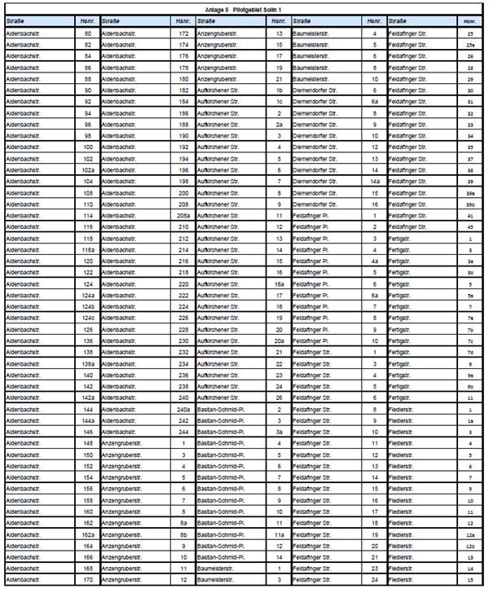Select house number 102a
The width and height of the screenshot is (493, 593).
[x=88, y=169]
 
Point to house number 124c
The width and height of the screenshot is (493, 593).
[x=88, y=317]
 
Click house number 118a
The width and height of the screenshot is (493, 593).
[x=88, y=249]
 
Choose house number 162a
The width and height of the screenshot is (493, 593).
[x=88, y=534]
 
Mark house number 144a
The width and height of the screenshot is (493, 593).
[x=88, y=419]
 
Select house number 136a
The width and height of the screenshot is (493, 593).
[x=88, y=363]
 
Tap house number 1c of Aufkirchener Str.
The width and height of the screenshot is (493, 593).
[x=279, y=102]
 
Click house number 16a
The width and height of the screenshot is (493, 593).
[x=279, y=283]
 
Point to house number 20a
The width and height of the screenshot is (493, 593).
[x=279, y=340]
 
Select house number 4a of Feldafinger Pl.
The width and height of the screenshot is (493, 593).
[x=375, y=261]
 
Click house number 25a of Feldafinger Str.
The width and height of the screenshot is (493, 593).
[x=470, y=45]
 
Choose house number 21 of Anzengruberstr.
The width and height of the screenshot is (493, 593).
[x=279, y=79]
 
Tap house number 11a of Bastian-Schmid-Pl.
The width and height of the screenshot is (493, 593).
[x=279, y=534]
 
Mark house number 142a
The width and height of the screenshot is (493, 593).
[x=88, y=397]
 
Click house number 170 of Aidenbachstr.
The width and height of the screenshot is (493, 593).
[x=88, y=579]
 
